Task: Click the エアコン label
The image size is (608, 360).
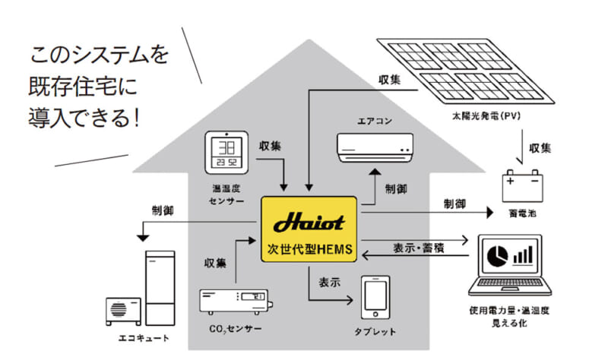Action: click(x=375, y=121)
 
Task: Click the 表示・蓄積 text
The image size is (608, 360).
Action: click(x=420, y=247)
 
